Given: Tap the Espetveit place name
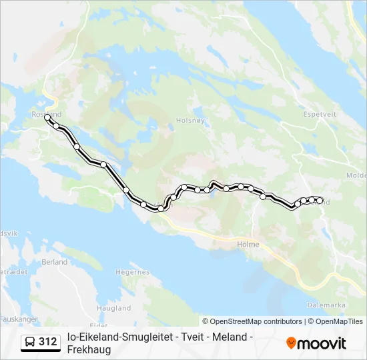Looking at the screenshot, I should pos(319,114).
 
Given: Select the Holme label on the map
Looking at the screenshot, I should pos(248,244).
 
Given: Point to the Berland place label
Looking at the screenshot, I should pos(55,262).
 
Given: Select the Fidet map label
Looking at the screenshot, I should pos(98,325).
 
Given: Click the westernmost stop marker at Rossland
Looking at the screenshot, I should pos(47,117).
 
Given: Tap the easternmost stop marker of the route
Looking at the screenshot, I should pos(320,201).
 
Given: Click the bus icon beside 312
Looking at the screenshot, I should pos(30,342).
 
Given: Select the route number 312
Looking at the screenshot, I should pos(48,342).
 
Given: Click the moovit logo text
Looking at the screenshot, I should pos(322,343).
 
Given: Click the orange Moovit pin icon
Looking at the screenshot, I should pos(291,343).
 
